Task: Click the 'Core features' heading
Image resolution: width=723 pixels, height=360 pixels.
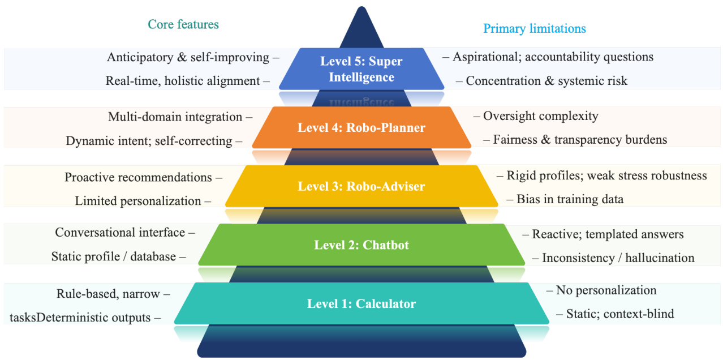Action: point(183,24)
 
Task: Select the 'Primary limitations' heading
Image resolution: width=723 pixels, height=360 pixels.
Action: point(534,28)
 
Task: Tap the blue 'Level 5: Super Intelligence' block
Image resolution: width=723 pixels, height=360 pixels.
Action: point(361,68)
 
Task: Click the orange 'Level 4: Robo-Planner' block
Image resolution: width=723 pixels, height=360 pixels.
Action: point(361,127)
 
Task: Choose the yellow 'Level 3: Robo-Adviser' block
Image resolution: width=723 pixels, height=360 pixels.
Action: point(361,186)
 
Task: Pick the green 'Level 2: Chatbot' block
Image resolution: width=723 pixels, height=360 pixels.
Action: point(361,245)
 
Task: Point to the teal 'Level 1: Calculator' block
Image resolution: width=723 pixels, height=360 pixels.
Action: point(361,304)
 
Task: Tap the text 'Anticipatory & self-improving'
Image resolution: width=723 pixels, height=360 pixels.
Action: point(188,57)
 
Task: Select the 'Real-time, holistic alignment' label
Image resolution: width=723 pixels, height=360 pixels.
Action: point(183,81)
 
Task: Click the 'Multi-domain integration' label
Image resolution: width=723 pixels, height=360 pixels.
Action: point(175,117)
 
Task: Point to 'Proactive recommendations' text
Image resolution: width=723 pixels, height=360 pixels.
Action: point(139,177)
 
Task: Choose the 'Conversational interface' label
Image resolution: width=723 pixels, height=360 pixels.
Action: point(120,233)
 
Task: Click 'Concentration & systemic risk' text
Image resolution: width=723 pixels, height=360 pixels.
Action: point(546,81)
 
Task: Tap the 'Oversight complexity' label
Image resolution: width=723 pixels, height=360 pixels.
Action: point(540,116)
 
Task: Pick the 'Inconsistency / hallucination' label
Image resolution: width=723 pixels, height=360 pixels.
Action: point(618,258)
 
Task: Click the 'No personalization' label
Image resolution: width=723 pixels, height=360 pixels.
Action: point(606,290)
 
